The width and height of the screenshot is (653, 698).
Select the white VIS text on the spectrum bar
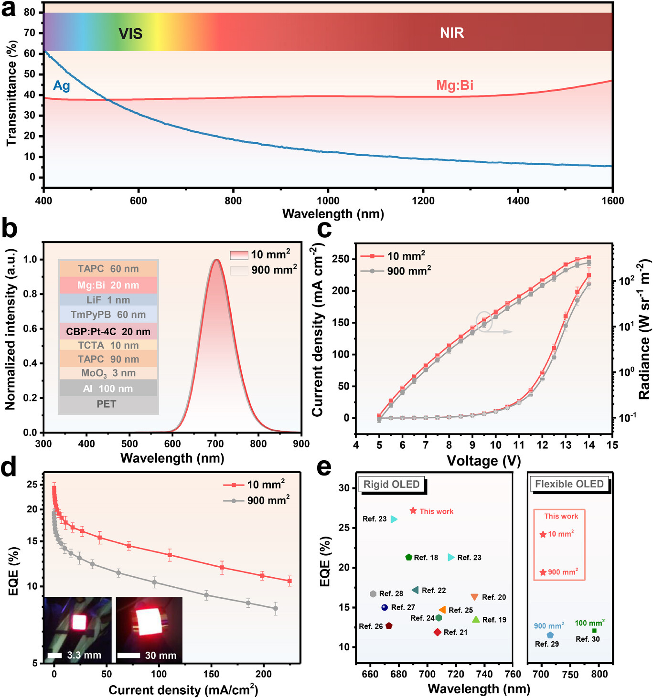[130, 33]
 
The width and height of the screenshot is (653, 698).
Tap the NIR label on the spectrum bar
[452, 33]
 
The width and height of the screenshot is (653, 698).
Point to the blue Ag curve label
[62, 86]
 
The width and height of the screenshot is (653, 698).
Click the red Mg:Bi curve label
[455, 85]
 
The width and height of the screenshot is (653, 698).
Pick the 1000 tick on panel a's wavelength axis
[328, 201]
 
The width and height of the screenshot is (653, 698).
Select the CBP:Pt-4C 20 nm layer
[108, 331]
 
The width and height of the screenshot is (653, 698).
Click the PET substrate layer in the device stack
[107, 404]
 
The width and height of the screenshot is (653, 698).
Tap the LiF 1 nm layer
[108, 300]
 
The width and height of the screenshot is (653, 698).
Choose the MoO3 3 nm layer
[108, 373]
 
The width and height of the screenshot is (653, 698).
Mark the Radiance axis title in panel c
[645, 329]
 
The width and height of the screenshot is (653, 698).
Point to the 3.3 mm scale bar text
[84, 656]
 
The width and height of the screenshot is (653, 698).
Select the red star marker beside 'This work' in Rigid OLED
[413, 511]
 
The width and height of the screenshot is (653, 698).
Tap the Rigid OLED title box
[392, 485]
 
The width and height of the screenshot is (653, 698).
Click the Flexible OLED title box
[569, 484]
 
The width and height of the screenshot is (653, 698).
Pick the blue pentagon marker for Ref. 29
[550, 635]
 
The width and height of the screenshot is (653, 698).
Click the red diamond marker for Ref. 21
[437, 632]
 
